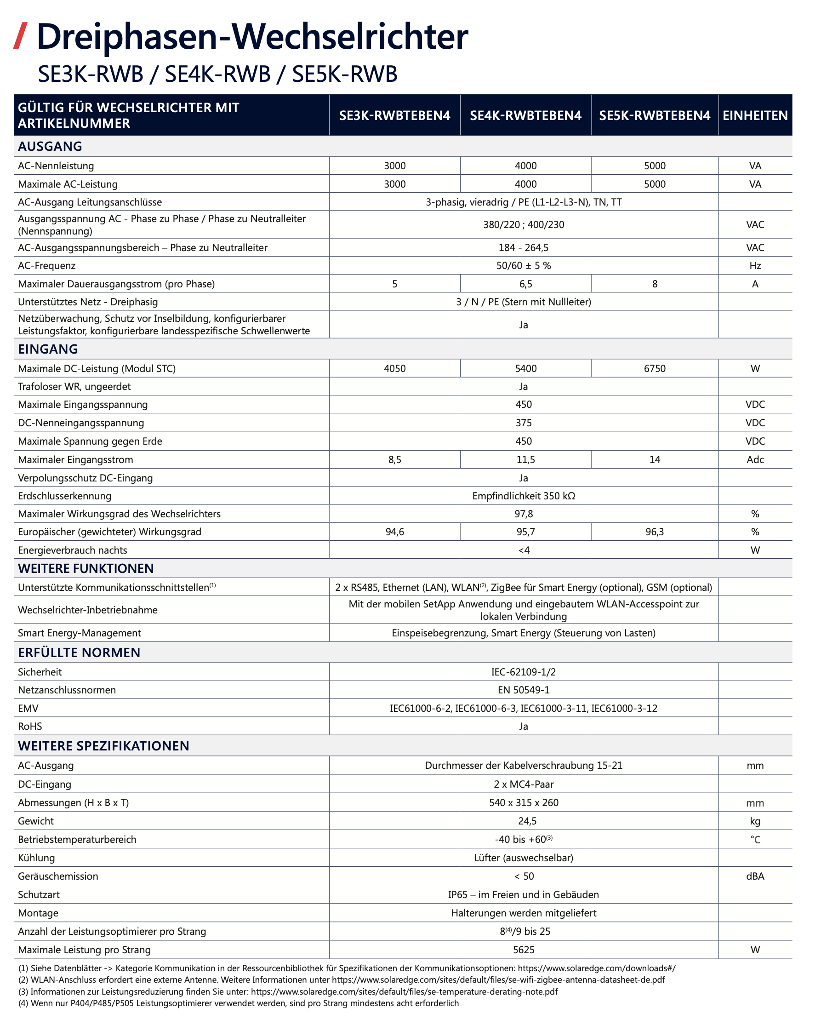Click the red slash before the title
pos(20,36)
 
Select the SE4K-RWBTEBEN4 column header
pos(525,115)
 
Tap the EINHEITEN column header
pos(755,115)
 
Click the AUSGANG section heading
pos(50,146)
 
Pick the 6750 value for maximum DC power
pos(655,368)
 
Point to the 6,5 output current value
pos(525,284)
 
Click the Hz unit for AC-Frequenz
pos(755,265)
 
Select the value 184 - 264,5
pos(524,247)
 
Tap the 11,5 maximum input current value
pos(525,459)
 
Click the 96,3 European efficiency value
pos(655,532)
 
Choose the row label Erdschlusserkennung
pos(65,496)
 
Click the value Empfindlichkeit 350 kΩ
pos(524,496)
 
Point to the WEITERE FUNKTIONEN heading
pos(86,568)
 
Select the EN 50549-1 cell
pos(524,690)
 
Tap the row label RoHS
pos(30,726)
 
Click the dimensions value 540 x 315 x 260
pos(524,802)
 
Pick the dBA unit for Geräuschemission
pos(755,876)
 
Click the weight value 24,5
pos(527,821)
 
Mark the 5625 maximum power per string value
pos(524,950)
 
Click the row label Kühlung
pos(36,858)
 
